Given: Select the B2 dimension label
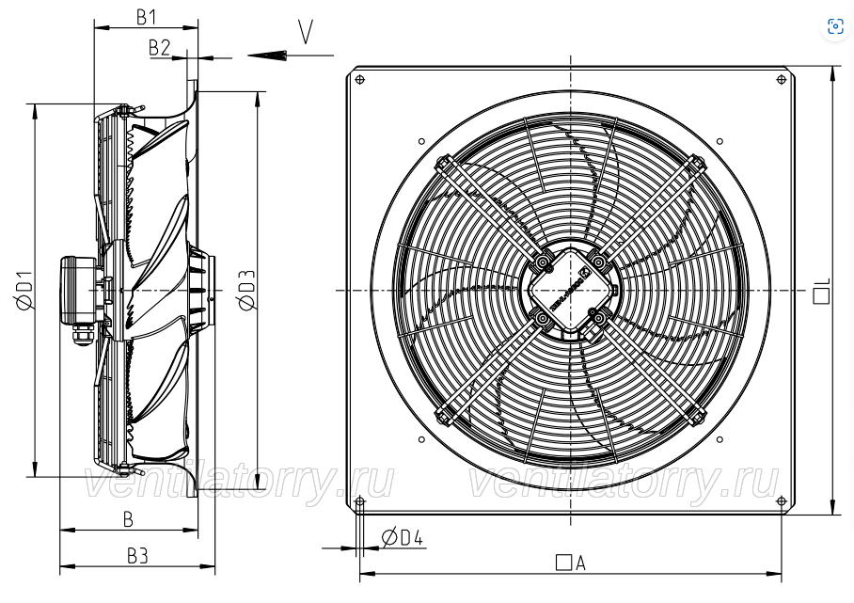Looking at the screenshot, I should (159, 47).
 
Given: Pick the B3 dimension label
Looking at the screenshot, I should (137, 556).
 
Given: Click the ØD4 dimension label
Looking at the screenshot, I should (403, 538).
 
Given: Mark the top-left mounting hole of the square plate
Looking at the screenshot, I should (359, 82).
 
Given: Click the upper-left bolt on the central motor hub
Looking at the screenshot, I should (543, 262).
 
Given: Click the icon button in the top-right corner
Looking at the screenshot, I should (834, 26).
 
